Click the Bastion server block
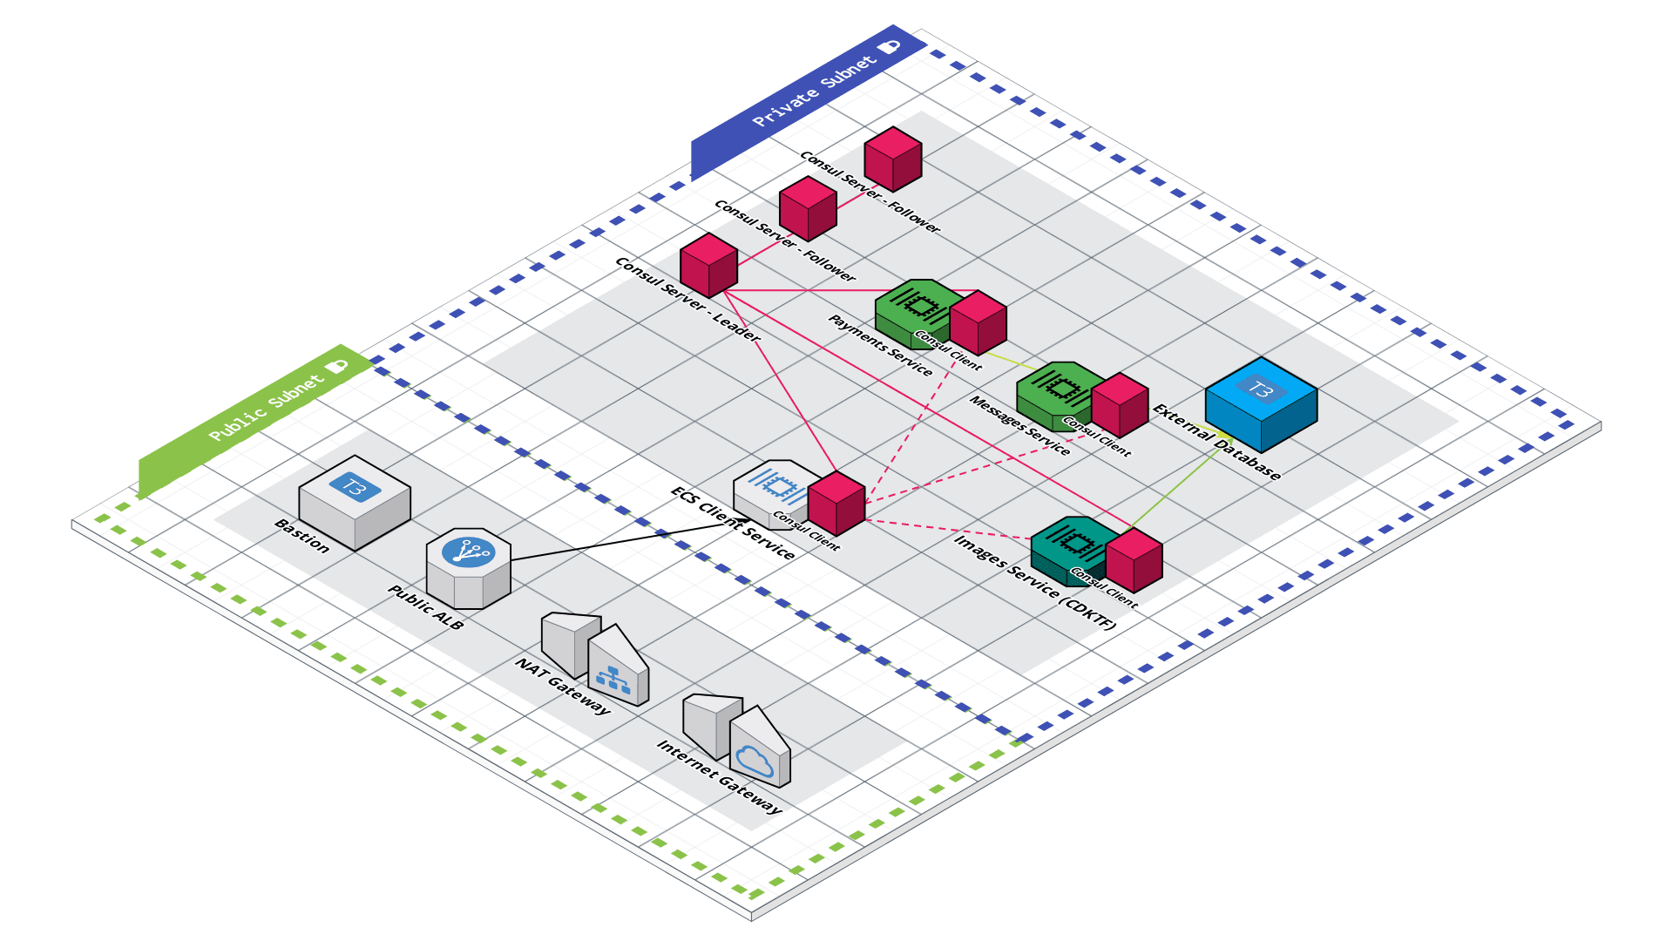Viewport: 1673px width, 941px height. (355, 501)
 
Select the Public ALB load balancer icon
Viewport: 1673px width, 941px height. (468, 567)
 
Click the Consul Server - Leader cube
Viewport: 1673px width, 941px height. (708, 265)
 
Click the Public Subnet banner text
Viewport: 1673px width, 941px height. (266, 408)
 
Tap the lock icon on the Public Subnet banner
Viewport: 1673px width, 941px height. (337, 366)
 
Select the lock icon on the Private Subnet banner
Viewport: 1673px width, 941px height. (889, 46)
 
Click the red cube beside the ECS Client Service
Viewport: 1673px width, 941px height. (836, 504)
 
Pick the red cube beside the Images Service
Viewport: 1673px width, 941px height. (1134, 560)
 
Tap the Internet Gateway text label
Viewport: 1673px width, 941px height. (719, 776)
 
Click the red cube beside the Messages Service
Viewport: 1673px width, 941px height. (1120, 405)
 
